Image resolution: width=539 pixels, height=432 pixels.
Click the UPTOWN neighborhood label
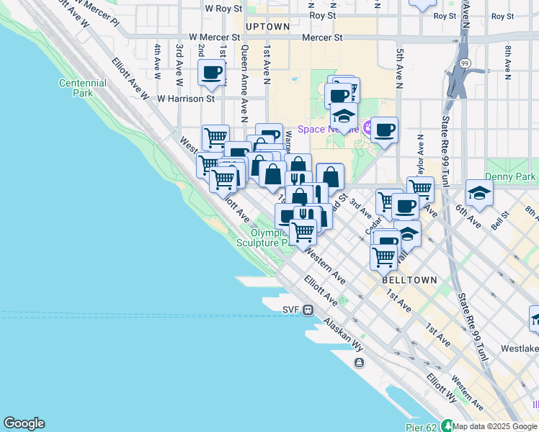(267, 27)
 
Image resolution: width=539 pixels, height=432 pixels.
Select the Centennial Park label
(83, 88)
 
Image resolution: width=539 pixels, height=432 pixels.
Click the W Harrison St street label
(186, 98)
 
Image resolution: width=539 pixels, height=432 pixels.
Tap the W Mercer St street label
(214, 37)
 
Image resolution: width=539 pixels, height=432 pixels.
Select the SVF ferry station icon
(308, 310)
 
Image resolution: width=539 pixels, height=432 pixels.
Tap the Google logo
(24, 423)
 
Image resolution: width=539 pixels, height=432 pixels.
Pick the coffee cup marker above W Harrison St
(212, 73)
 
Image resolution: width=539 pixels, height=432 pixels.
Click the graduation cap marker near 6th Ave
(479, 192)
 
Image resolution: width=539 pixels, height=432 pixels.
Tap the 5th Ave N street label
(398, 65)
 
